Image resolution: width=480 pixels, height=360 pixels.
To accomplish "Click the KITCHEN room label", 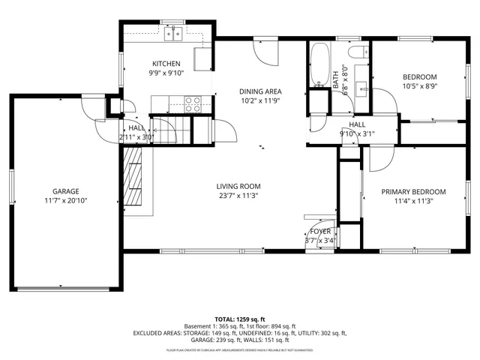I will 166,64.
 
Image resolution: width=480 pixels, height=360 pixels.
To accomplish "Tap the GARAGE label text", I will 65,191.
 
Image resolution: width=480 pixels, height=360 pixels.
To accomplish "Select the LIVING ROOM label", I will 238,187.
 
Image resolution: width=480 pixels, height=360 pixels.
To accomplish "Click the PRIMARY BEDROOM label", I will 413,191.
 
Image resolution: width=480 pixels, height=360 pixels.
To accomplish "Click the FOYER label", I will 320,232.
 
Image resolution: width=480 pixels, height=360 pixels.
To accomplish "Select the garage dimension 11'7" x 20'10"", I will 65,201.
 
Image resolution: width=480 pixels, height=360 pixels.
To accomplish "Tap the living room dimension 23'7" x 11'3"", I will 238,196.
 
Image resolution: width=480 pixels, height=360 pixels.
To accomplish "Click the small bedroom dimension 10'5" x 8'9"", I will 420,85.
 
